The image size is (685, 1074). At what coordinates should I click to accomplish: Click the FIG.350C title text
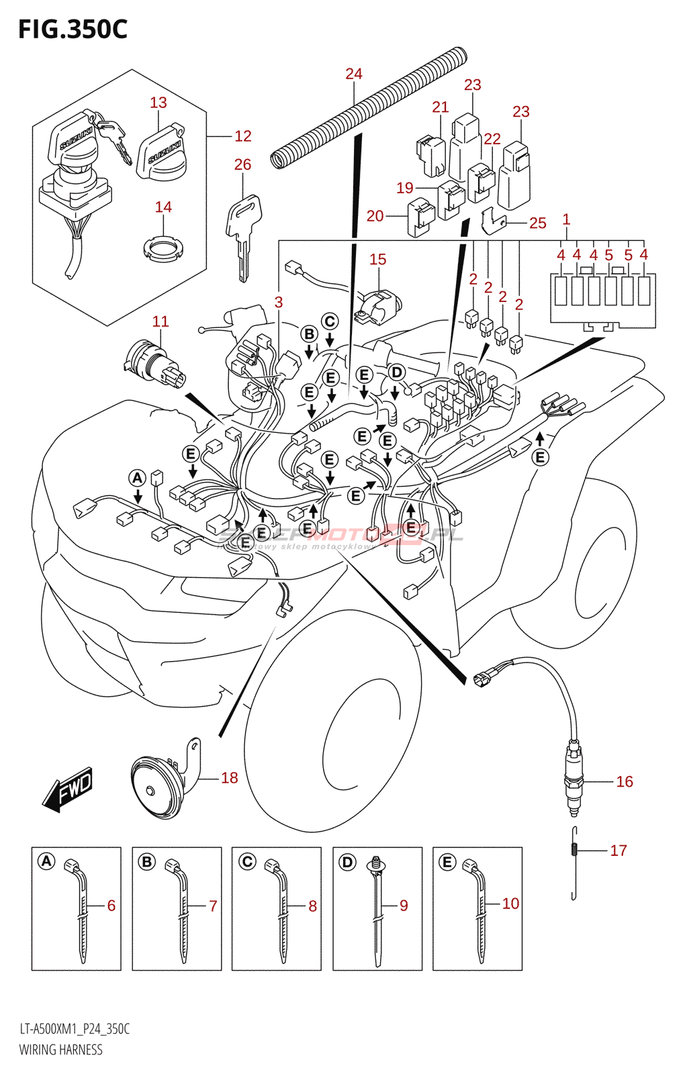pos(73,30)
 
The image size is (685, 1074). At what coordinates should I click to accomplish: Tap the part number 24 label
pos(353,74)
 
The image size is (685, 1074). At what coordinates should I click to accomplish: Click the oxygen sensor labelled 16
pos(573,779)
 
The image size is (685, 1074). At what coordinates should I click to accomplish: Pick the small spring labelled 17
pos(574,850)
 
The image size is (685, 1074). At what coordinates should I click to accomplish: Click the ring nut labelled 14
pos(163,249)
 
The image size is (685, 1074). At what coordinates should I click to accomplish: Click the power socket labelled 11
pos(153,365)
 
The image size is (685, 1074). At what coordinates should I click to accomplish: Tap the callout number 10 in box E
pos(510,904)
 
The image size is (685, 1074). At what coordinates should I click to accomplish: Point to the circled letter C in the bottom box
pos(247,861)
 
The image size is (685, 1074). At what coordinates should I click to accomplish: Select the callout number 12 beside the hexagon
pos(242,136)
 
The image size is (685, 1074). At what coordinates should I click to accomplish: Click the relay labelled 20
pos(420,217)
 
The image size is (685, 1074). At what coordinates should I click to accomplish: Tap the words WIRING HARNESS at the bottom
pos(61,1050)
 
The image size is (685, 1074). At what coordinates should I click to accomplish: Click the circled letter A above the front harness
pos(137,478)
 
